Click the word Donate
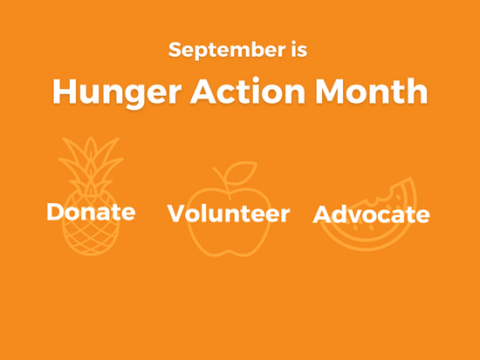pyautogui.click(x=91, y=212)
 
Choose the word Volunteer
pyautogui.click(x=229, y=213)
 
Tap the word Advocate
pyautogui.click(x=372, y=214)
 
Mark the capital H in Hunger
pyautogui.click(x=63, y=91)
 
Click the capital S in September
pyautogui.click(x=175, y=49)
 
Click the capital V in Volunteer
pyautogui.click(x=177, y=213)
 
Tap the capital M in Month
pyautogui.click(x=331, y=91)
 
